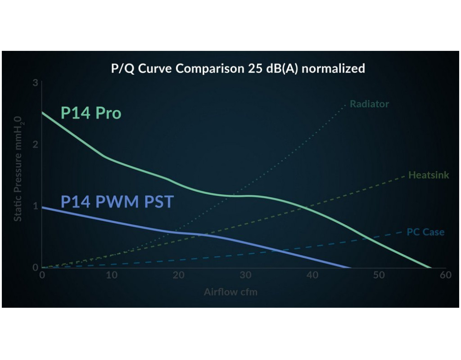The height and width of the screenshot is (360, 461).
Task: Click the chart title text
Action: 238,69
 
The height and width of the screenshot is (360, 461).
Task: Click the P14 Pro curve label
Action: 91,113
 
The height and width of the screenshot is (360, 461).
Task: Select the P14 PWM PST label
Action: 117,201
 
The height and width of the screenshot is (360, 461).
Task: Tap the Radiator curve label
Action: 369,104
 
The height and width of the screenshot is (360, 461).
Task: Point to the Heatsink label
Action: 429,175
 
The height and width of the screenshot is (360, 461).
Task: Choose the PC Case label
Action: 425,232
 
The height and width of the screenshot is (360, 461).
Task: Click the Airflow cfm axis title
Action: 230,292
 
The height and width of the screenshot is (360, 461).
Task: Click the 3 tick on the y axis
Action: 35,83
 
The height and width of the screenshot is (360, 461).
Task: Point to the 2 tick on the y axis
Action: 35,144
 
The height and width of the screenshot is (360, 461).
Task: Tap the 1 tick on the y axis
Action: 35,206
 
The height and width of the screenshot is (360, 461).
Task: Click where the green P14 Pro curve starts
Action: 42,112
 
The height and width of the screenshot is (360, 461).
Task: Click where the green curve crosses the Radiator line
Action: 235,196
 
